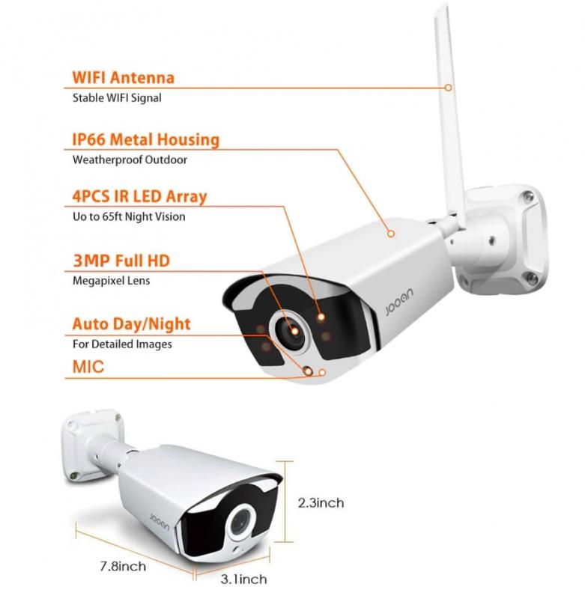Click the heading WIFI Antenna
pos(123,78)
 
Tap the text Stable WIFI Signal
pos(117,98)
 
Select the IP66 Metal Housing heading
pos(145,139)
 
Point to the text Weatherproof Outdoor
pos(130,159)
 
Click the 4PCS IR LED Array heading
pos(139,197)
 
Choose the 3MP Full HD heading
pos(121,261)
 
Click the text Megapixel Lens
pos(111,281)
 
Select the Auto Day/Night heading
pos(131,324)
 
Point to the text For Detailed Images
pos(122,344)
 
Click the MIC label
pos(88,367)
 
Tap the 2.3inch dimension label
pos(321,502)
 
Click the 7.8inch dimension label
pos(123,566)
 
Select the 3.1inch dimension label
pos(243,579)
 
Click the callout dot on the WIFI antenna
pos(448,88)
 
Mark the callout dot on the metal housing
pos(390,234)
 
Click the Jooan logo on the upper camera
pos(399,302)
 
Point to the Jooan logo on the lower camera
pos(160,521)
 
